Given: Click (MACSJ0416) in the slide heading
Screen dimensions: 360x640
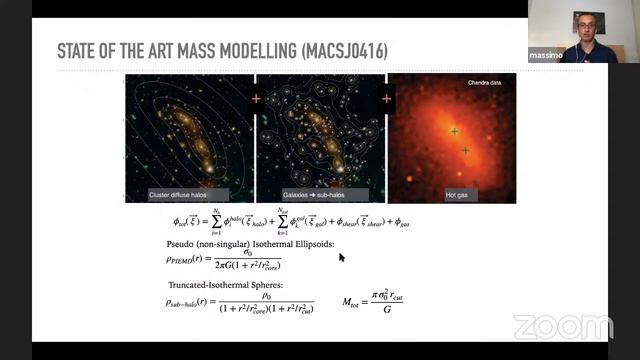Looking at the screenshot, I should pos(345,50).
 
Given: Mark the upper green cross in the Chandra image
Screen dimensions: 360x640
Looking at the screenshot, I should pos(454,131).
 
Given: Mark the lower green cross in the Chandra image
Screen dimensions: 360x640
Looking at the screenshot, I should pos(465,150).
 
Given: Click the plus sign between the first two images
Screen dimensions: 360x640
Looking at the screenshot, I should pos(255,98).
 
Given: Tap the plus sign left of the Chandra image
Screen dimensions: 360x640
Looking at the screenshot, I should pos(386,98).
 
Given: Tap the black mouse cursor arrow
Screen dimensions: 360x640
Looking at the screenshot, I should pos(341,257).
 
